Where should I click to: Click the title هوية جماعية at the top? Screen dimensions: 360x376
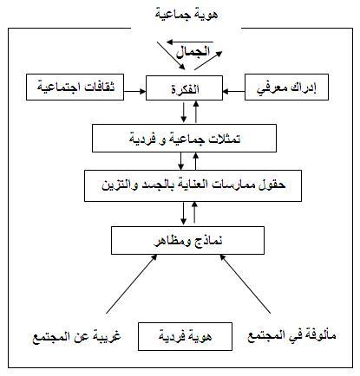pyautogui.click(x=187, y=15)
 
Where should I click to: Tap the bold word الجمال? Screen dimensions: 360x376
pyautogui.click(x=193, y=52)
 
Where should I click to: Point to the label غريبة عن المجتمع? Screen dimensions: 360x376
pyautogui.click(x=76, y=337)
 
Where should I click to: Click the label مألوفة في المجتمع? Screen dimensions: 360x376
pyautogui.click(x=291, y=336)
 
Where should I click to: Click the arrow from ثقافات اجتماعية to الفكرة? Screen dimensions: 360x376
pyautogui.click(x=134, y=91)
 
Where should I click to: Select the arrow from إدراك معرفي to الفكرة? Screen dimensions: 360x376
pyautogui.click(x=233, y=91)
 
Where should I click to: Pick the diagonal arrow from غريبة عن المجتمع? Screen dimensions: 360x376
pyautogui.click(x=132, y=284)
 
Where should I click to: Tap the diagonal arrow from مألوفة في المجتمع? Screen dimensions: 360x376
pyautogui.click(x=245, y=284)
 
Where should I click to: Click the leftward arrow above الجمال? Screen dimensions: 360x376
pyautogui.click(x=190, y=42)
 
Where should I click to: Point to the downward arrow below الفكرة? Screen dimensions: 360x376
pyautogui.click(x=183, y=111)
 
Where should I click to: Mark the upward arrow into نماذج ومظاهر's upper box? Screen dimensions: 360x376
pyautogui.click(x=194, y=212)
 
